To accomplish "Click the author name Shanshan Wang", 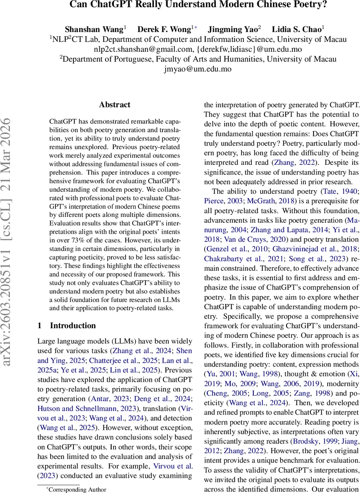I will point(94,29).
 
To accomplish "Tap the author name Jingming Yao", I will point(232,29).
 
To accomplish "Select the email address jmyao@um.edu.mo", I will point(197,69).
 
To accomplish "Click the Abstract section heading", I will point(115,105).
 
